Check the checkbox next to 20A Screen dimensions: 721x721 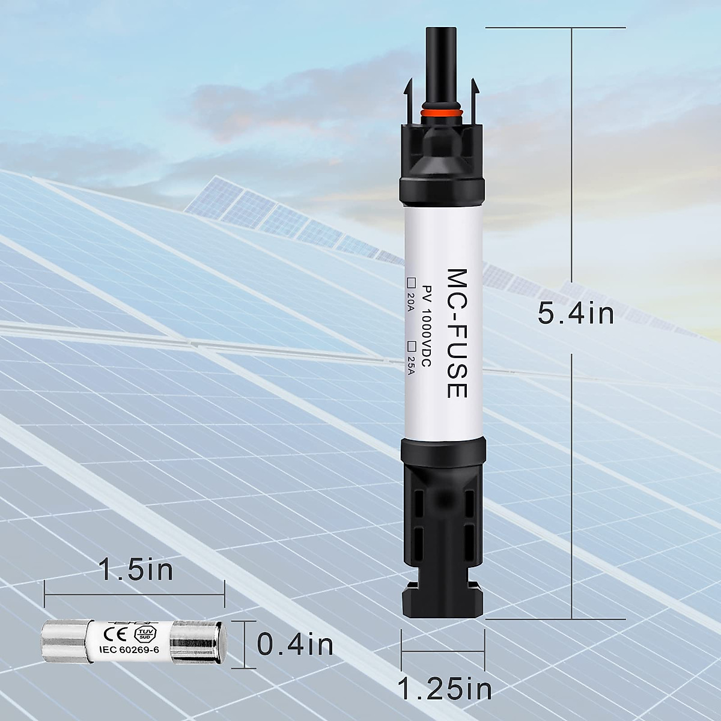point(412,281)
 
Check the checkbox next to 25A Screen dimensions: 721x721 point(412,345)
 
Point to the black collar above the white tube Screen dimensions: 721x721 point(442,192)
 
